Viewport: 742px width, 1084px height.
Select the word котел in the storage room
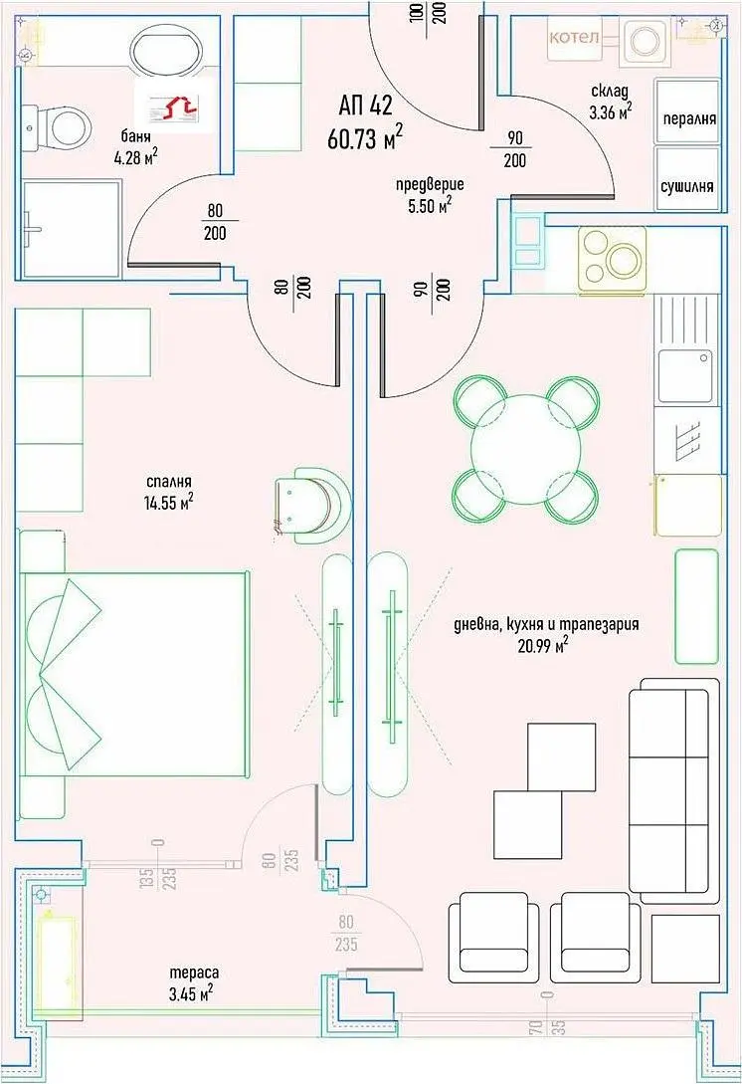574,37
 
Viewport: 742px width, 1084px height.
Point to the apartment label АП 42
365,106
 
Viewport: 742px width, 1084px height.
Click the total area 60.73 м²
364,137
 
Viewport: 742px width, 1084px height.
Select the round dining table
526,449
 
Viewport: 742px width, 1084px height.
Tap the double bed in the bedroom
134,674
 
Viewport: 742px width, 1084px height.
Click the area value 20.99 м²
543,646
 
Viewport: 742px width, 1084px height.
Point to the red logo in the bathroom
174,108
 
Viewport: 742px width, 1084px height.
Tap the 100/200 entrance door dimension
428,13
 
